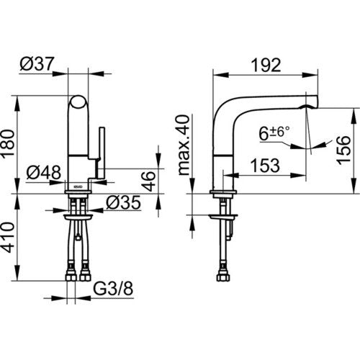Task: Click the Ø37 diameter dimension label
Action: pos(37,64)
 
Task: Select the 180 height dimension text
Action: pos(8,144)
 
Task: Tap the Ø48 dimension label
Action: pos(44,172)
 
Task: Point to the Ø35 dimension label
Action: pos(123,202)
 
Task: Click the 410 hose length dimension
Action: pos(8,238)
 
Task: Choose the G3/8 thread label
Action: pos(113,289)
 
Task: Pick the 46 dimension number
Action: pos(148,181)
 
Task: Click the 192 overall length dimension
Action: pos(266,65)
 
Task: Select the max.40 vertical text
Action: pos(184,145)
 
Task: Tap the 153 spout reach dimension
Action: pos(265,166)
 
